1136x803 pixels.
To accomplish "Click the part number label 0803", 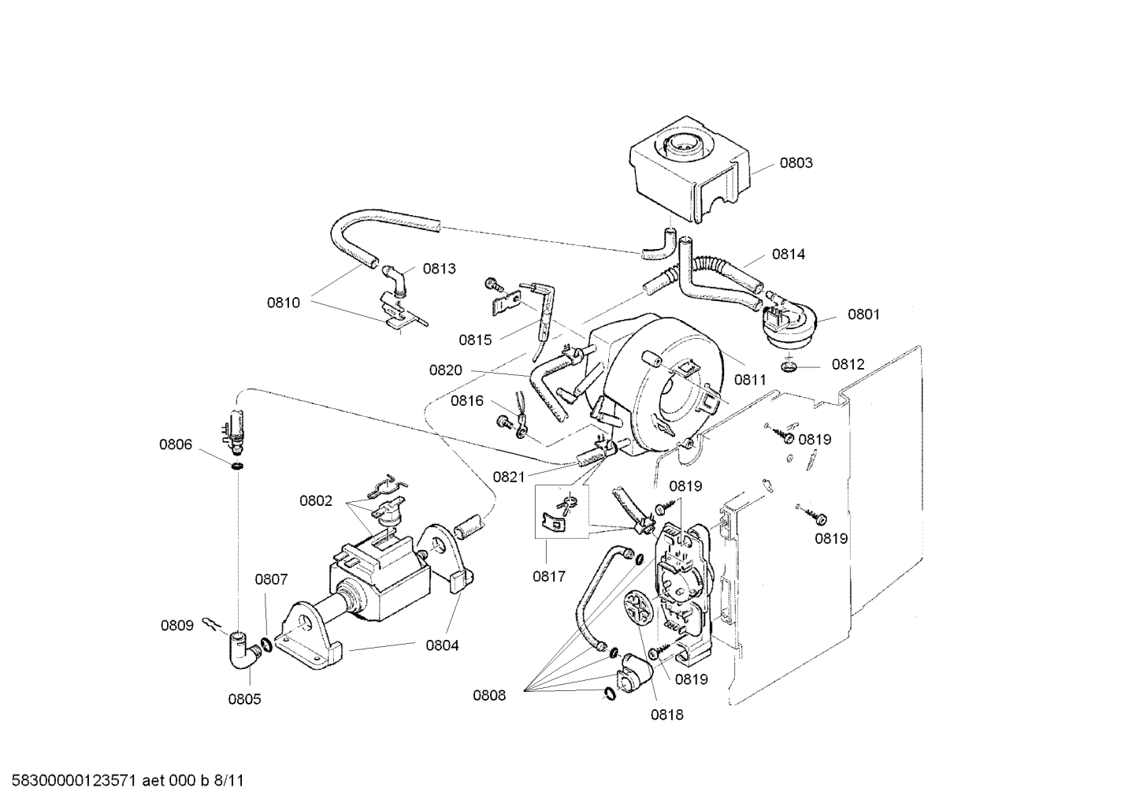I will click(x=796, y=163).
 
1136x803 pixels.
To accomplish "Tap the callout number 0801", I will click(x=863, y=314).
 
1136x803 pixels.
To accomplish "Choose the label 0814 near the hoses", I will click(x=788, y=254).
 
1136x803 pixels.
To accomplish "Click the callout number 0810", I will click(x=283, y=302).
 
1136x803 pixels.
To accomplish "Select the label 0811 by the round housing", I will click(x=750, y=380).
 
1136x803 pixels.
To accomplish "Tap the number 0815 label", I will click(x=475, y=340).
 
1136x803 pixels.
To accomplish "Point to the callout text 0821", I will click(x=508, y=476).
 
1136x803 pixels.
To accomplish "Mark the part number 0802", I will click(x=315, y=500).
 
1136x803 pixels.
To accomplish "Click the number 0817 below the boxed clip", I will click(x=548, y=576).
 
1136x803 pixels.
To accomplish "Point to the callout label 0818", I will click(x=666, y=715).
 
